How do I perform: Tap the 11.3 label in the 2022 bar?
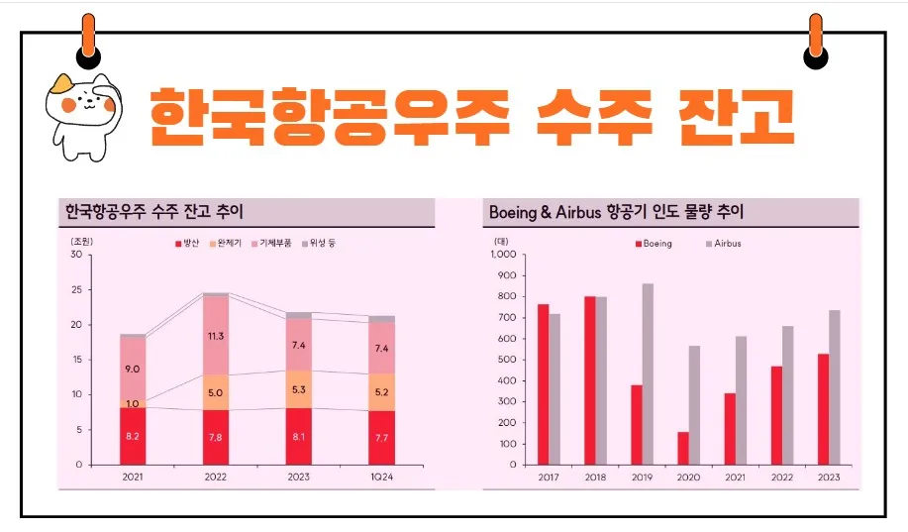(x=215, y=336)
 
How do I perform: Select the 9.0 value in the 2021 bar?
(x=132, y=369)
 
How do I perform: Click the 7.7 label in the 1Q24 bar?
(x=381, y=437)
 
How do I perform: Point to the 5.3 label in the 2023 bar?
(x=298, y=388)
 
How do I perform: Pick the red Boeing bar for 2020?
(x=683, y=448)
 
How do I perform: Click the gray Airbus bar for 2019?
(x=648, y=373)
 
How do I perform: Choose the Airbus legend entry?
(x=726, y=243)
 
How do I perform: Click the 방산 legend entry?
(x=189, y=243)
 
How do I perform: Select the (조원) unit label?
(x=81, y=242)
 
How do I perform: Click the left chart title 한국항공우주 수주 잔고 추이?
(x=153, y=212)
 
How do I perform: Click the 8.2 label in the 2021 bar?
(x=132, y=435)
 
